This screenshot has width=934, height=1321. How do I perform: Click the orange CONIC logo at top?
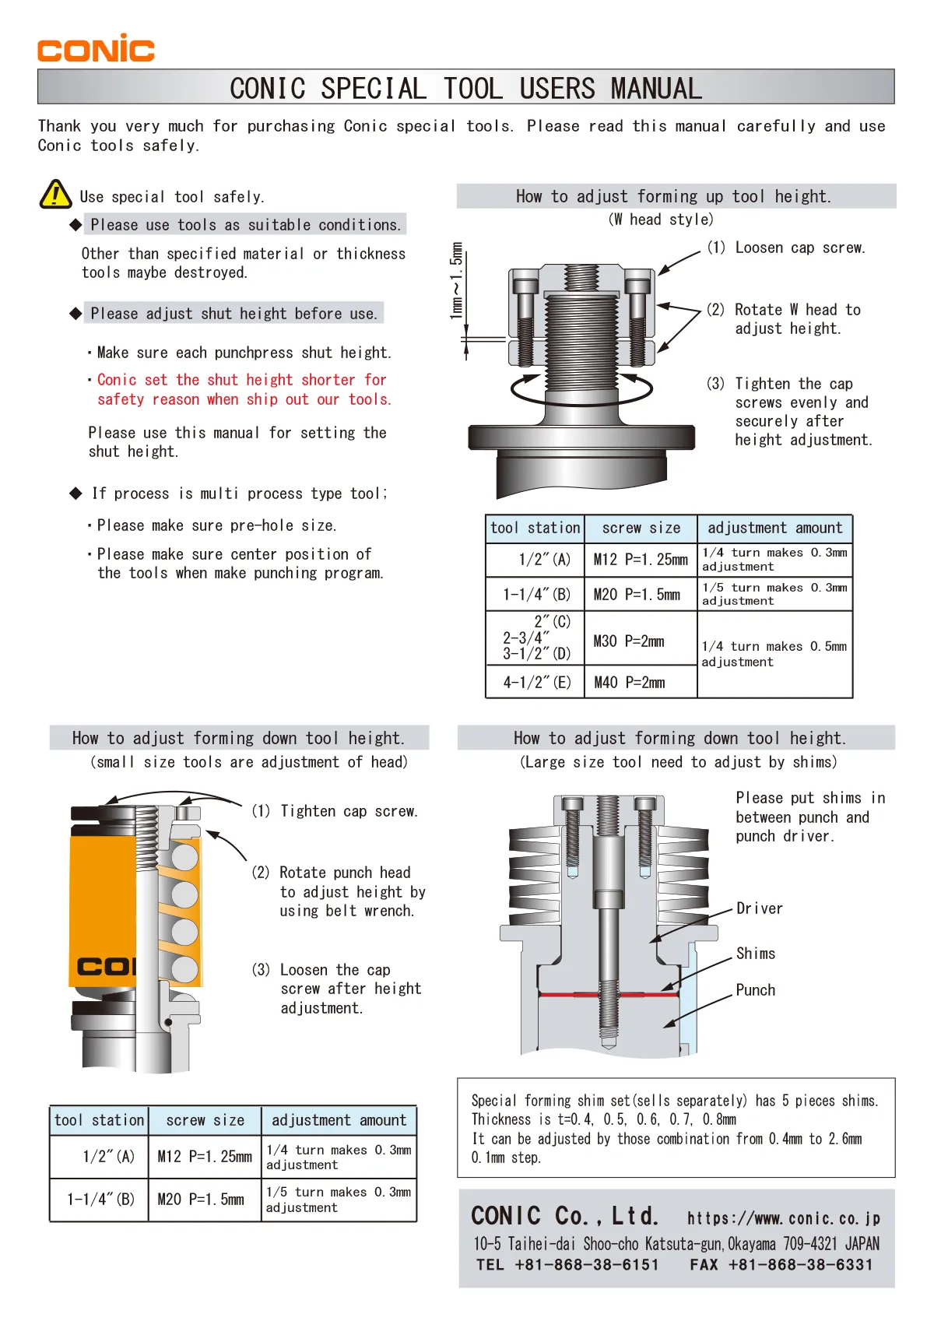click(x=96, y=49)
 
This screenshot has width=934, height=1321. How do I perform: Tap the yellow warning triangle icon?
click(x=55, y=195)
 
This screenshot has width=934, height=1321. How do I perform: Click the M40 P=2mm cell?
click(x=630, y=683)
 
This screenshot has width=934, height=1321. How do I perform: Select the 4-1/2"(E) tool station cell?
click(x=536, y=683)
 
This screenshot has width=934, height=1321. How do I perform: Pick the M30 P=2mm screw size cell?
click(x=629, y=641)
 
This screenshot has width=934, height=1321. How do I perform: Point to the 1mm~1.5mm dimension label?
click(x=456, y=279)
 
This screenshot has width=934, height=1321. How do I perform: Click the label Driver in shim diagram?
click(x=759, y=908)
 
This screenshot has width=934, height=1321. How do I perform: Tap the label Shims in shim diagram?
click(x=755, y=954)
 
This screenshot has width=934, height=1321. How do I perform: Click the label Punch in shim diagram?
click(x=755, y=990)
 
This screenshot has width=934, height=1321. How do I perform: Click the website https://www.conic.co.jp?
click(x=783, y=1218)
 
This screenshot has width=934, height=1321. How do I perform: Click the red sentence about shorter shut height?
click(x=243, y=389)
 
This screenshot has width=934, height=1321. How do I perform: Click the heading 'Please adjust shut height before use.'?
click(x=233, y=314)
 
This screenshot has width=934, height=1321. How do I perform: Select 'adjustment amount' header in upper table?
click(x=774, y=528)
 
